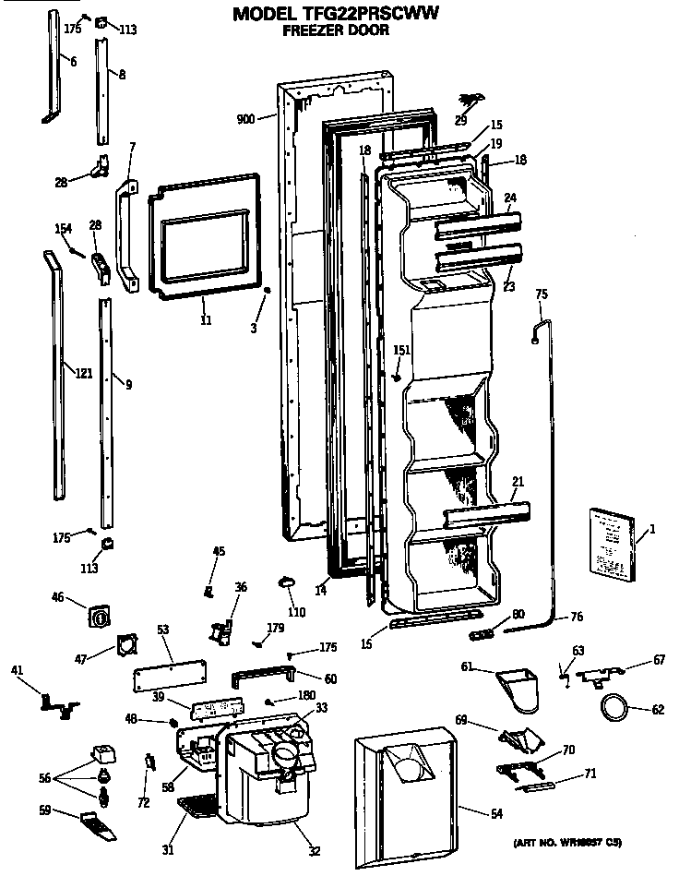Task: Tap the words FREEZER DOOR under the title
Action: click(335, 30)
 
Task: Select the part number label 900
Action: click(245, 119)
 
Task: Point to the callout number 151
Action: click(401, 350)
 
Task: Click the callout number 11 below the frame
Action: click(205, 320)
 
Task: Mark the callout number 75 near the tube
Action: click(542, 294)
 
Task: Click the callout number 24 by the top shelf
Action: click(510, 196)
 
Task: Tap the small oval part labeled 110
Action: click(286, 581)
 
